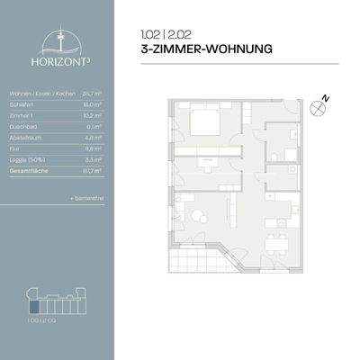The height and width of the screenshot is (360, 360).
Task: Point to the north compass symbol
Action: pyautogui.click(x=318, y=109)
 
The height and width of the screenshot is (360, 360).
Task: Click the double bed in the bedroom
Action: pyautogui.click(x=209, y=123)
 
